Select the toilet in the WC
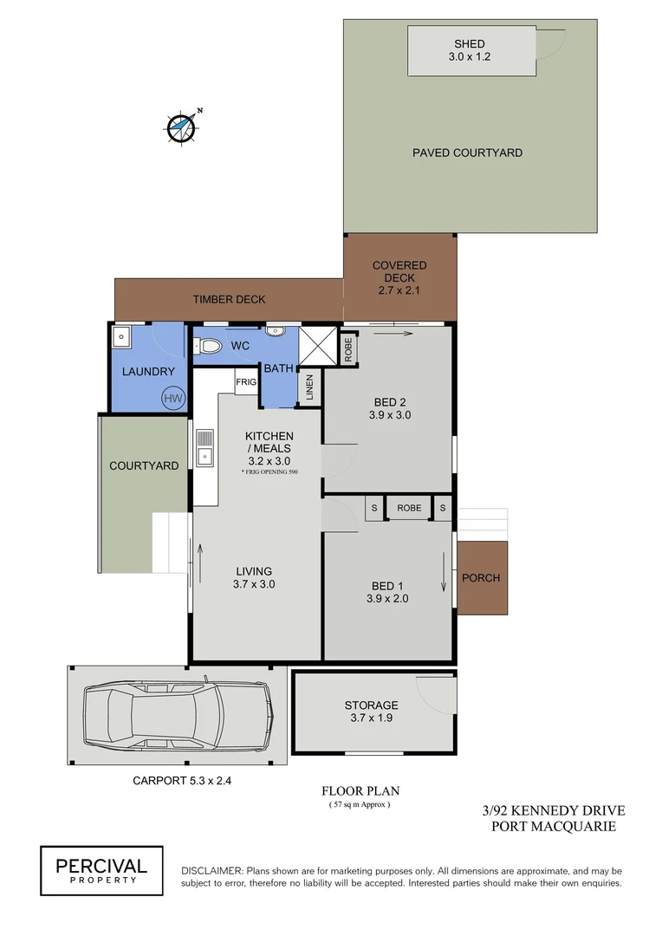[208, 346]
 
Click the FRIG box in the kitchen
[246, 380]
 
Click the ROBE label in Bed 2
[347, 348]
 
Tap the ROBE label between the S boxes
[409, 508]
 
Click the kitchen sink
[204, 449]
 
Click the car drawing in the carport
[178, 715]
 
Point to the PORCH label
[480, 578]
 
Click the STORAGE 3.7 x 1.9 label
[371, 712]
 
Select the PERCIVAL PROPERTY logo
[101, 869]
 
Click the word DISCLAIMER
[211, 870]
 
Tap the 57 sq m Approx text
[360, 805]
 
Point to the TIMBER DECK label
[229, 300]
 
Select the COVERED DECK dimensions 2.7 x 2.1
[399, 290]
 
